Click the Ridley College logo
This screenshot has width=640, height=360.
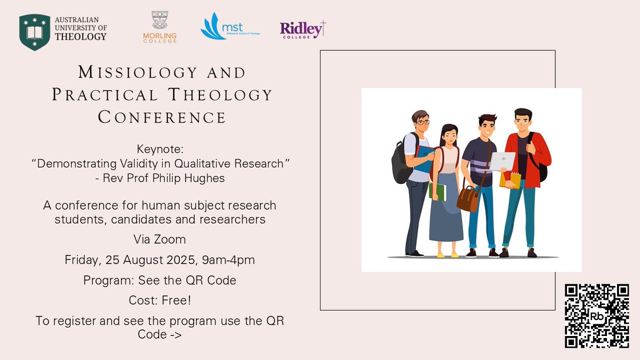(302, 29)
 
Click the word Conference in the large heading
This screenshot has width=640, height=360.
(162, 117)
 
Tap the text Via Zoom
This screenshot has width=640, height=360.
(162, 239)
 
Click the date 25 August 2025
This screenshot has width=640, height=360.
(151, 260)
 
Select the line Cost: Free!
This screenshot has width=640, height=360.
(160, 300)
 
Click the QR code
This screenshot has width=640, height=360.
(597, 316)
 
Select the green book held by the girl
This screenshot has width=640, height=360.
(438, 191)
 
